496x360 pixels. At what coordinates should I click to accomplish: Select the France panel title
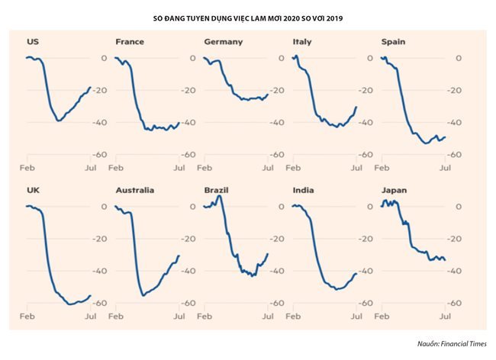pos(129,41)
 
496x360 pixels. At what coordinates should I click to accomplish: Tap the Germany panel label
pos(223,41)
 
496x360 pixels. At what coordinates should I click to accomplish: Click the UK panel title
pos(32,190)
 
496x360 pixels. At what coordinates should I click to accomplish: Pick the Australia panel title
pos(134,190)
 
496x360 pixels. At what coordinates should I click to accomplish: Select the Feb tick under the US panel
pos(26,166)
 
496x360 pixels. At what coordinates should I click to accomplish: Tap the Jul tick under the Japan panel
pos(446,315)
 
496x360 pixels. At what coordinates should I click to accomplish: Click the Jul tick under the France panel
pos(179,166)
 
